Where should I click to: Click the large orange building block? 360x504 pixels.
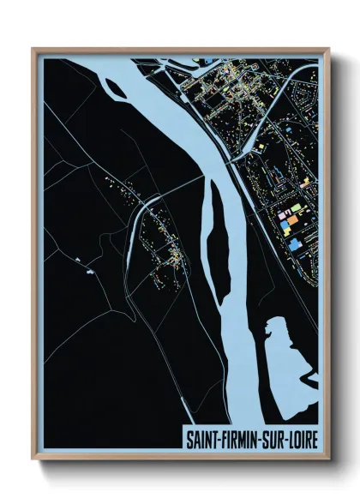pyautogui.click(x=291, y=220)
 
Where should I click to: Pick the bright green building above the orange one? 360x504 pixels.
pyautogui.click(x=288, y=208)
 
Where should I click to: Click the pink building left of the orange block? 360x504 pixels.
pyautogui.click(x=278, y=221)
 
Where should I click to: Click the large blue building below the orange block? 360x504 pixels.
pyautogui.click(x=297, y=244)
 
